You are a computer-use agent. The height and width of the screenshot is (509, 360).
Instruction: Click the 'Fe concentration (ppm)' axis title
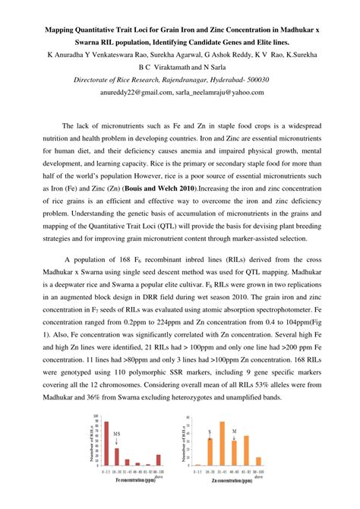137,480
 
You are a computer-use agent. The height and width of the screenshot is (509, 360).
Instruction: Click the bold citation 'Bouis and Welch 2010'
162,186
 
